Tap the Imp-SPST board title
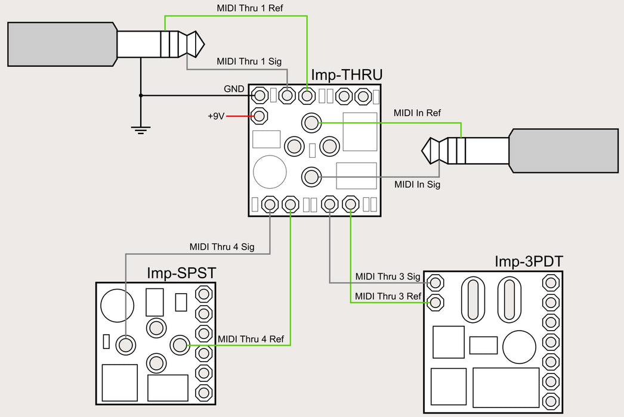coord(181,273)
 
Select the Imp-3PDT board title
coord(528,262)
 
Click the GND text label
coord(233,89)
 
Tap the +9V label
coord(215,116)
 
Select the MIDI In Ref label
coord(417,113)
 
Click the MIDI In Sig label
coord(417,185)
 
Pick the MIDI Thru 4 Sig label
coord(222,247)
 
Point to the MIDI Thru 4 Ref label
coord(251,339)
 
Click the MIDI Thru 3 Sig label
coord(388,276)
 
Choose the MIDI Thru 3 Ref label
coord(388,296)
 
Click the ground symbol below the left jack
coord(141,129)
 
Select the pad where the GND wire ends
coord(260,95)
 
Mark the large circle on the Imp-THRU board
coord(270,172)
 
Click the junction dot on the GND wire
coord(141,95)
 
